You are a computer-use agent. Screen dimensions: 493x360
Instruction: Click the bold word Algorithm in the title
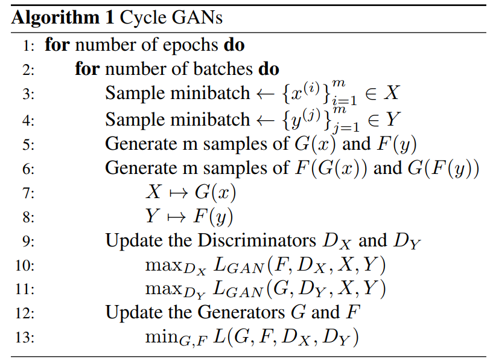(x=56, y=18)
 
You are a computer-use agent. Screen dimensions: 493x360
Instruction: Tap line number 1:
(x=28, y=46)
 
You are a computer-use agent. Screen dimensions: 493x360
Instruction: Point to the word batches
(x=223, y=69)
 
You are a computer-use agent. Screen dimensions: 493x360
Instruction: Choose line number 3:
(x=28, y=94)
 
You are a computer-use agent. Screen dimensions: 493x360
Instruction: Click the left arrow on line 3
(x=266, y=94)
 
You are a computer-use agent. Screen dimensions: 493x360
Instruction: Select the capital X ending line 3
(x=392, y=93)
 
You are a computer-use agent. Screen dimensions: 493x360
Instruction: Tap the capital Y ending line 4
(x=393, y=119)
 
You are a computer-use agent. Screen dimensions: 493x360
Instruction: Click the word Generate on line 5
(x=151, y=144)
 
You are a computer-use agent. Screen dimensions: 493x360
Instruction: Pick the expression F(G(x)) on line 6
(x=331, y=169)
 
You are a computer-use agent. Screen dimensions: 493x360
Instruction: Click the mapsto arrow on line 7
(x=178, y=193)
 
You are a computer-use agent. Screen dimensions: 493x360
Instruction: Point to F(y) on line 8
(x=213, y=217)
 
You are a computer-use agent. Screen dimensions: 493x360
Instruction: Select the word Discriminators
(x=256, y=241)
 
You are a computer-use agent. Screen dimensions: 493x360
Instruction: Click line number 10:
(x=25, y=266)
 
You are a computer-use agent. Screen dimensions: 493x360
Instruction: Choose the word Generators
(x=241, y=312)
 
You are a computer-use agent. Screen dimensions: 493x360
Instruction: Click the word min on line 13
(x=162, y=336)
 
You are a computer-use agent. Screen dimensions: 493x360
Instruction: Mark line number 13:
(x=25, y=338)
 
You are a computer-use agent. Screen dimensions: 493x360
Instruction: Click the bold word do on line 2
(x=269, y=69)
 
